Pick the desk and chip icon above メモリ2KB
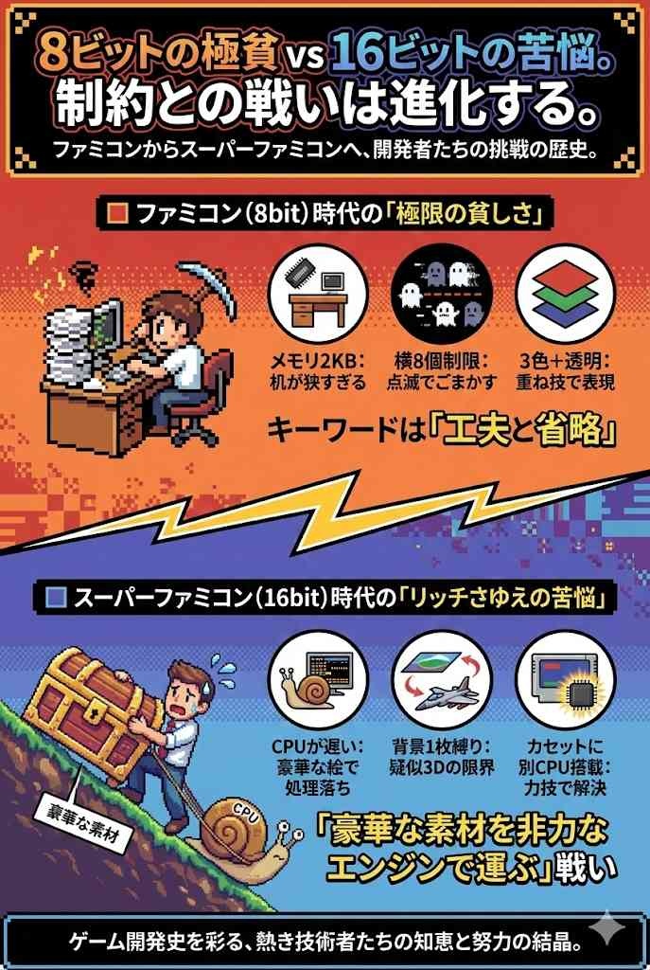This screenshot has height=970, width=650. pos(318,294)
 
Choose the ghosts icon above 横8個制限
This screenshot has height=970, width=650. pos(442,294)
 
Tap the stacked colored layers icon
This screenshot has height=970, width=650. pos(566,294)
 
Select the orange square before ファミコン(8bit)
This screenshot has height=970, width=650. pos(116,214)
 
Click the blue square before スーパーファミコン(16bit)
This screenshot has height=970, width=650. pos(56,598)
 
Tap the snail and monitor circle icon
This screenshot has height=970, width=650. pos(318,680)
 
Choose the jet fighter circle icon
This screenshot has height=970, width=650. pos(442,680)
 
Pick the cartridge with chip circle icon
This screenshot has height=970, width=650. pos(566,680)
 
